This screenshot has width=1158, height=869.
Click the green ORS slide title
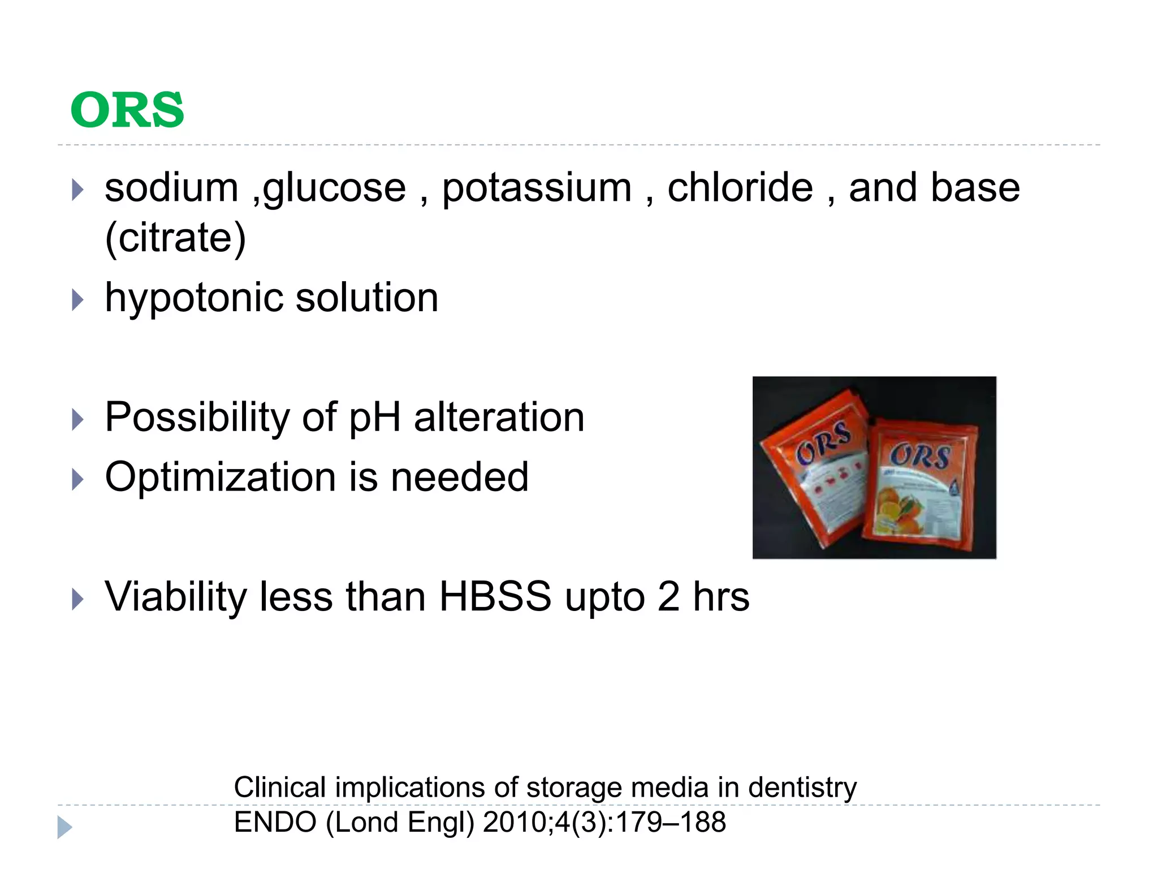(127, 110)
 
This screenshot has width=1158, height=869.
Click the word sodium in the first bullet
(171, 188)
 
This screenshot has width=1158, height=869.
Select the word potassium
(536, 188)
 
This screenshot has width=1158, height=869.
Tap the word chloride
(740, 188)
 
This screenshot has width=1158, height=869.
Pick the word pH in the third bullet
(374, 418)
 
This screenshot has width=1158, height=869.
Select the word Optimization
(221, 477)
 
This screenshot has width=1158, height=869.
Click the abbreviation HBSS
(495, 596)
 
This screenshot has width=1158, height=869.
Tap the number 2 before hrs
(668, 596)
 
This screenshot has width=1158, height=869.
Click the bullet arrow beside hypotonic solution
(77, 300)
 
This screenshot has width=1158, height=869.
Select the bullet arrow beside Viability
(77, 599)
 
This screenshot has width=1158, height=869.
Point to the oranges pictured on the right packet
(899, 509)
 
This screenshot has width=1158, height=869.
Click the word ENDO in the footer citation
(275, 822)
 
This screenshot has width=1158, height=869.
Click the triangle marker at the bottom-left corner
(64, 827)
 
